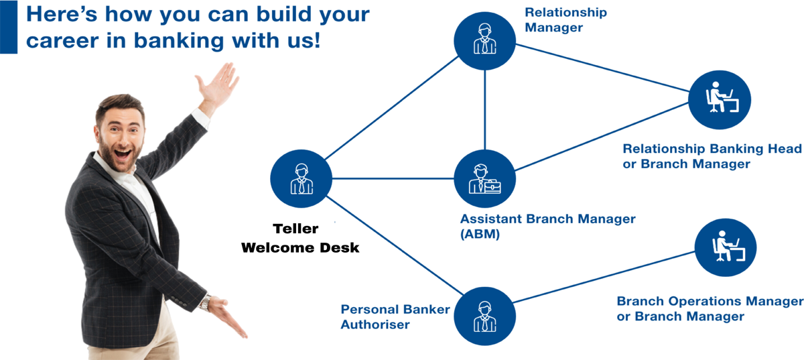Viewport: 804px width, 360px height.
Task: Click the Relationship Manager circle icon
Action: [484, 41]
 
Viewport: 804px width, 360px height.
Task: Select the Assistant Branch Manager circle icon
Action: [484, 178]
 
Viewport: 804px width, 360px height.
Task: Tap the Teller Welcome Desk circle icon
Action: [301, 178]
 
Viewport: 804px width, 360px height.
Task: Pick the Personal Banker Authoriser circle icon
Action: [484, 316]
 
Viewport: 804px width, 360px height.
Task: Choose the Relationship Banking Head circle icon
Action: [720, 99]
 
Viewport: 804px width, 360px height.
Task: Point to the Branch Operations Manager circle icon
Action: [726, 247]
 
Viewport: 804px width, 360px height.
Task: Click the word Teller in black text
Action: [295, 229]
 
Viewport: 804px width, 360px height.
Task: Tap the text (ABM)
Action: [480, 234]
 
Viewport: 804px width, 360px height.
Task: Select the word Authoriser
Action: [375, 324]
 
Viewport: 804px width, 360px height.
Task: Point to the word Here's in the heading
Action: [62, 14]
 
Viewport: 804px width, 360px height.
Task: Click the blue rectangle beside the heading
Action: [9, 27]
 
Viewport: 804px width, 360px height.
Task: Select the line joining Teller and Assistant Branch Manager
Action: [393, 178]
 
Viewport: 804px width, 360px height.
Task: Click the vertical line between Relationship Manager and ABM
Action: [484, 109]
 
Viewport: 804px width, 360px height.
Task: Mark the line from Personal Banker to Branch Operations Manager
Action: [604, 277]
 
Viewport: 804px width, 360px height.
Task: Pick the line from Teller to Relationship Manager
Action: [391, 108]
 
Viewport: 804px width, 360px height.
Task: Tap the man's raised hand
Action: [218, 86]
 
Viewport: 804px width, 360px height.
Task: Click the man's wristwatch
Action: [205, 302]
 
